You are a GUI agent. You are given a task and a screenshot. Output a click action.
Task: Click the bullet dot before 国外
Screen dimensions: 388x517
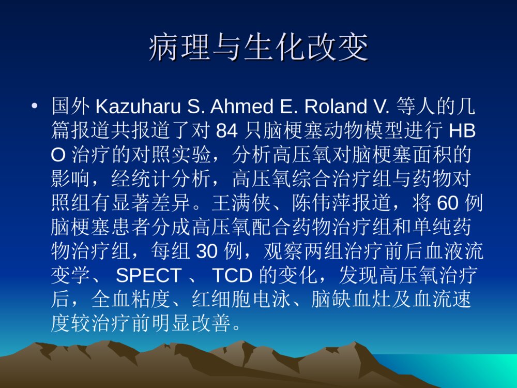[35, 107]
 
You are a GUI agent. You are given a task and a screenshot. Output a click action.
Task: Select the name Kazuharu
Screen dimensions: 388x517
[136, 107]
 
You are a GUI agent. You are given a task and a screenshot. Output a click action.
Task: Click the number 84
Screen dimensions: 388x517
[226, 131]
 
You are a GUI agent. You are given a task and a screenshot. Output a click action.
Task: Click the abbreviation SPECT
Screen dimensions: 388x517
[149, 276]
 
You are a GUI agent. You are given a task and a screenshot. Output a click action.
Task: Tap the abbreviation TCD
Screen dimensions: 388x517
[232, 276]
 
